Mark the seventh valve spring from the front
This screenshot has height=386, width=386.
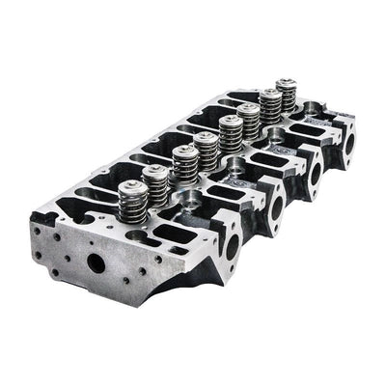pos(269,106)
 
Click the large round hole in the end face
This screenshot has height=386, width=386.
pos(97,262)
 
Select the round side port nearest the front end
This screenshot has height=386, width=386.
pos(233,244)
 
